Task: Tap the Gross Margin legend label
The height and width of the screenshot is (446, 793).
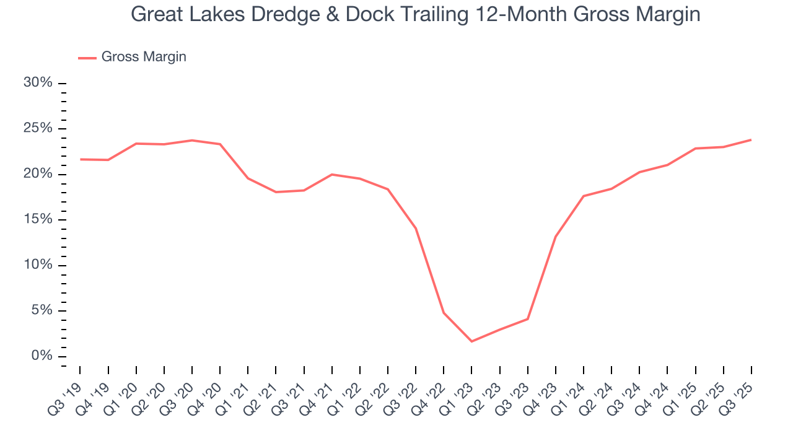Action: click(x=144, y=57)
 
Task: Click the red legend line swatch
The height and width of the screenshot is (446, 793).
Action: click(x=87, y=58)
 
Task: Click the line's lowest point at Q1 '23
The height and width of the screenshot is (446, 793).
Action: click(x=471, y=341)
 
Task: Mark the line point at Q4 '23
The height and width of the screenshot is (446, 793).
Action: click(x=556, y=237)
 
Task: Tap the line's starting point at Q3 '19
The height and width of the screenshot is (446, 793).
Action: click(x=81, y=159)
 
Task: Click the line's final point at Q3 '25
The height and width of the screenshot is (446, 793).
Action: click(x=751, y=140)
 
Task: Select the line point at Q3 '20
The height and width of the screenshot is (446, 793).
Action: click(x=192, y=140)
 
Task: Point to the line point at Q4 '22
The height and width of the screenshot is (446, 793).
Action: click(x=444, y=313)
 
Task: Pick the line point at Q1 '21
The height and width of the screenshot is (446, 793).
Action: click(x=248, y=178)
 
